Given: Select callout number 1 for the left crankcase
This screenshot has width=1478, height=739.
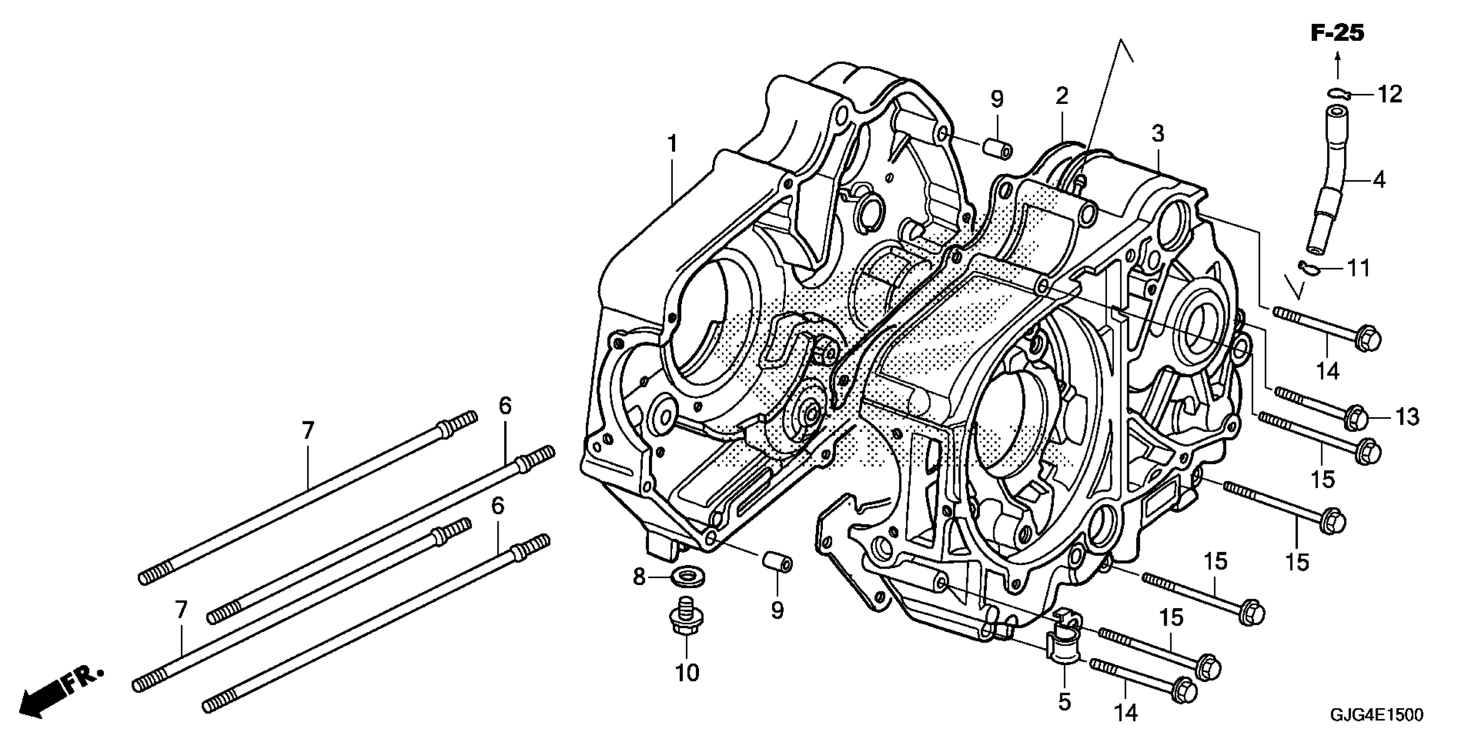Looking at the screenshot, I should pyautogui.click(x=672, y=144).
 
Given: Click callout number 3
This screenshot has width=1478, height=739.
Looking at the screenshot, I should pyautogui.click(x=1158, y=134).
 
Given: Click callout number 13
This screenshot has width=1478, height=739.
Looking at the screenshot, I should pyautogui.click(x=1407, y=417).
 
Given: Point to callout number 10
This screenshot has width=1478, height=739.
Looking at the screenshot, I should pyautogui.click(x=687, y=673).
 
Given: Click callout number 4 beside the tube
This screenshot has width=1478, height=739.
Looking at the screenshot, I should pyautogui.click(x=1379, y=180).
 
